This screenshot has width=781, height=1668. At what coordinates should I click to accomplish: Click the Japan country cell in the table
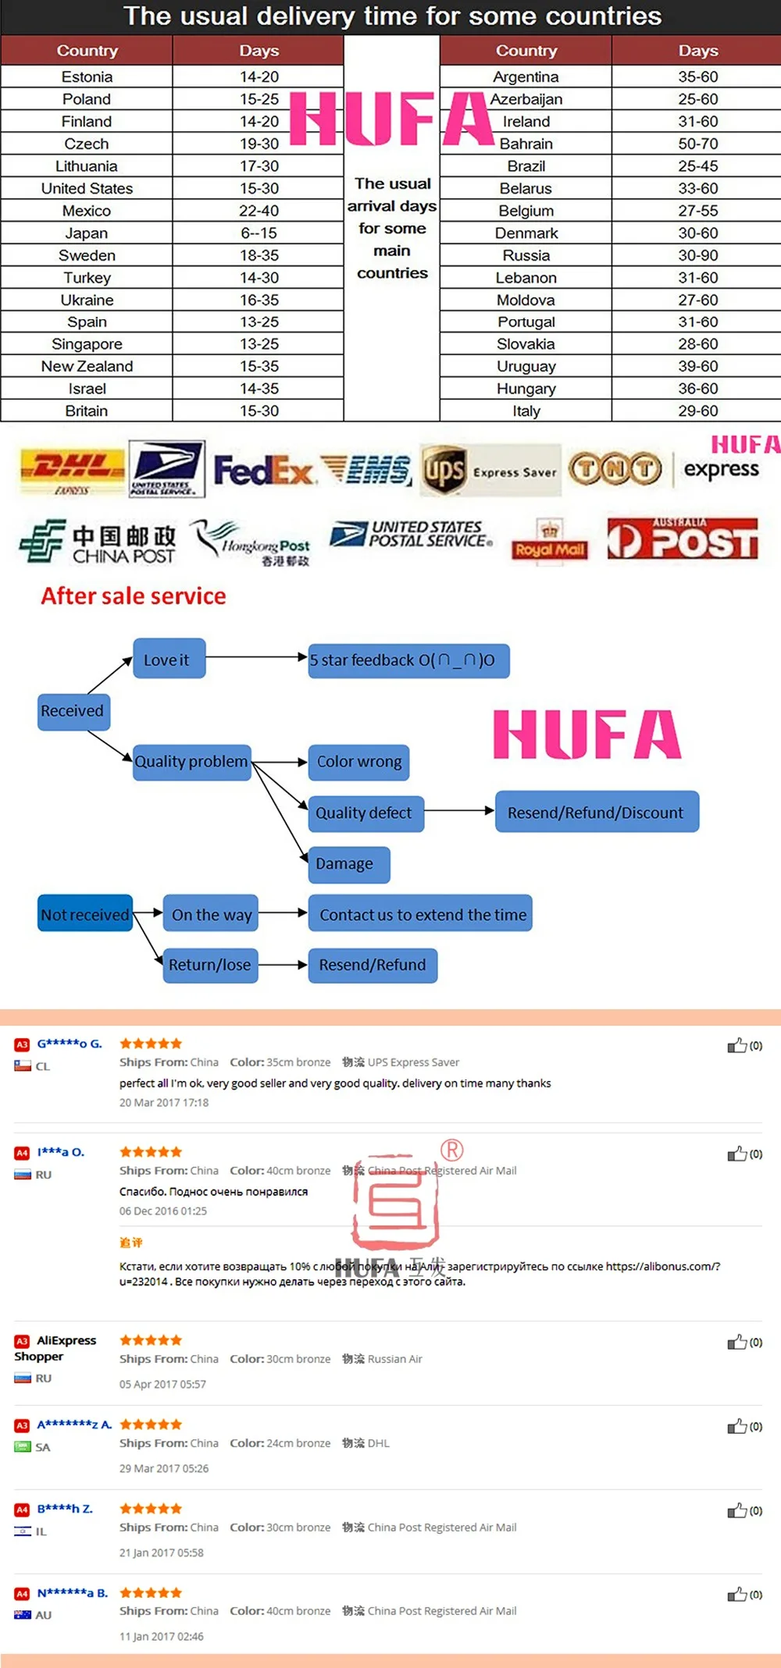click(x=87, y=233)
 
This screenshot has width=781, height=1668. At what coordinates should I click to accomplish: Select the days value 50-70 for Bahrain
click(x=697, y=144)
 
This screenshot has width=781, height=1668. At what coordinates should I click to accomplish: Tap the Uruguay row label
click(x=526, y=366)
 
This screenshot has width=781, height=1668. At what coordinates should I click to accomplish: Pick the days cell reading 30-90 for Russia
click(x=697, y=255)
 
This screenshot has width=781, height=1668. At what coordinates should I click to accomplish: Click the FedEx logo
click(x=263, y=470)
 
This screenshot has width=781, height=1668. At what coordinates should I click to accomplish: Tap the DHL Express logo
click(x=72, y=471)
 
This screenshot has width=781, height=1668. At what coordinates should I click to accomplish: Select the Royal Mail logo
click(x=549, y=540)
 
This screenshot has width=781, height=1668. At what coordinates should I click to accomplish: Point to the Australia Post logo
click(x=683, y=539)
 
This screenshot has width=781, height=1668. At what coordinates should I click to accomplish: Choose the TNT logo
click(x=615, y=469)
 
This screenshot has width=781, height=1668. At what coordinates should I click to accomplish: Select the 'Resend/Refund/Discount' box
click(x=597, y=812)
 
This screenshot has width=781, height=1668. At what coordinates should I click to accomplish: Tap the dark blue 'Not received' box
click(x=85, y=913)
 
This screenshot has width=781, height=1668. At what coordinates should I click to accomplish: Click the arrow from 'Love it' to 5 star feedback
click(x=256, y=657)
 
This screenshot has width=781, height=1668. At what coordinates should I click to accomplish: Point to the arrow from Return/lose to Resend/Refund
click(x=283, y=965)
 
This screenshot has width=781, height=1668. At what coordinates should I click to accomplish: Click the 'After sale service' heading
click(x=134, y=596)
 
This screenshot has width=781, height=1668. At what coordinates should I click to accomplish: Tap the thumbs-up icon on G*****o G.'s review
click(x=736, y=1046)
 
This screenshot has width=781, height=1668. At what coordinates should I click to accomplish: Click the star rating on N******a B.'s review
click(x=151, y=1592)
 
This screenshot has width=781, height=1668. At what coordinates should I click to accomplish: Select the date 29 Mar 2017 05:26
click(x=164, y=1468)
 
